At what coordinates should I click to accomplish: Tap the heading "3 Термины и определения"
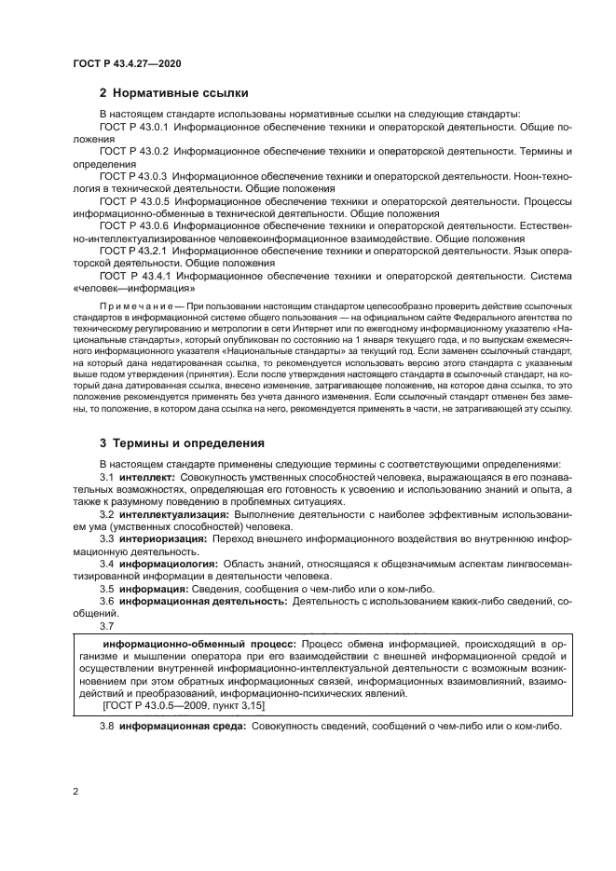pyautogui.click(x=182, y=442)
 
